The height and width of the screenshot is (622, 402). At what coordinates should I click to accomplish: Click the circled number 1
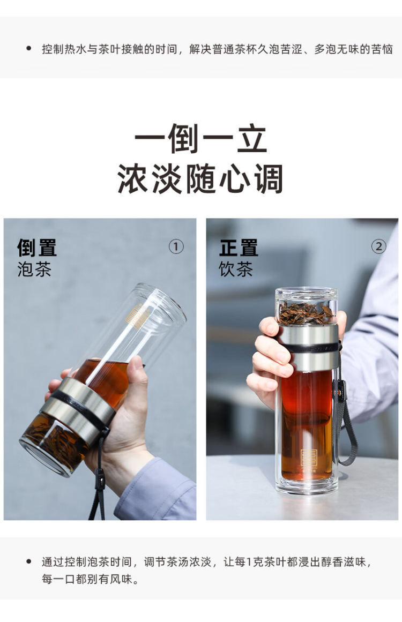click(176, 247)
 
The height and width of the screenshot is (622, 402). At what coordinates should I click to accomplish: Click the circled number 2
click(378, 247)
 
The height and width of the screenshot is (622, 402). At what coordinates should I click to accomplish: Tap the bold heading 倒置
click(37, 248)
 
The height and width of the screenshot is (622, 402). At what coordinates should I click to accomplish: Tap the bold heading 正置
click(239, 248)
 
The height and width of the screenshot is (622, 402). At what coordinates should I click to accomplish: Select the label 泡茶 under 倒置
click(34, 269)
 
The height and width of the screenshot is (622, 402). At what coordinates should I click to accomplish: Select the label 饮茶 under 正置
click(236, 269)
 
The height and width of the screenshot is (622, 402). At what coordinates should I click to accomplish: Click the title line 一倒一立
click(200, 138)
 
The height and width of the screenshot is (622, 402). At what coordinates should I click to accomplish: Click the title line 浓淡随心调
click(200, 179)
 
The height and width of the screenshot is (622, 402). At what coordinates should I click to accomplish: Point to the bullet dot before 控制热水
click(28, 48)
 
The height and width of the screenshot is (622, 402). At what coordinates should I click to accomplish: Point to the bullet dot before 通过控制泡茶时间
click(28, 561)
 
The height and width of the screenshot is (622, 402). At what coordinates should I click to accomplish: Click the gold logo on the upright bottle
click(308, 460)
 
